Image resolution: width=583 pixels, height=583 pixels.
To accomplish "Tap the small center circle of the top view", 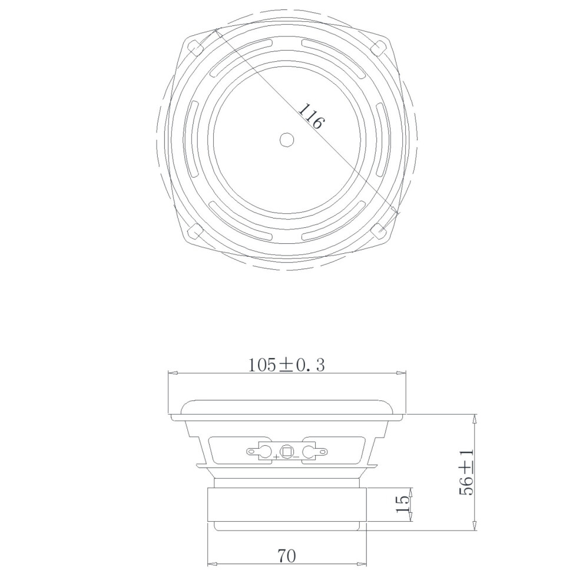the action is [287, 140].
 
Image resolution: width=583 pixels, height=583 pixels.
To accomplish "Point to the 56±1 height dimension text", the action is [466, 472].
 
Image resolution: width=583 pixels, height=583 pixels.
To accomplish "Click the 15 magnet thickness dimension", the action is [403, 504].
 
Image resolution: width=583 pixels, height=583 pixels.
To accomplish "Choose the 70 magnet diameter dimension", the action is [287, 556].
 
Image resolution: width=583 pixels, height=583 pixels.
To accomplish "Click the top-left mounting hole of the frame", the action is [194, 47].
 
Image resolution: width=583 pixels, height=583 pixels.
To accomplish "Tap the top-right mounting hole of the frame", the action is [379, 47].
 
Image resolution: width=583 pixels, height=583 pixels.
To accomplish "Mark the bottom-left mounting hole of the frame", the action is [194, 231].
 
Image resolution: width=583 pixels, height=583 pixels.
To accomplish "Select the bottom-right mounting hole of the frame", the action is [379, 231].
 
